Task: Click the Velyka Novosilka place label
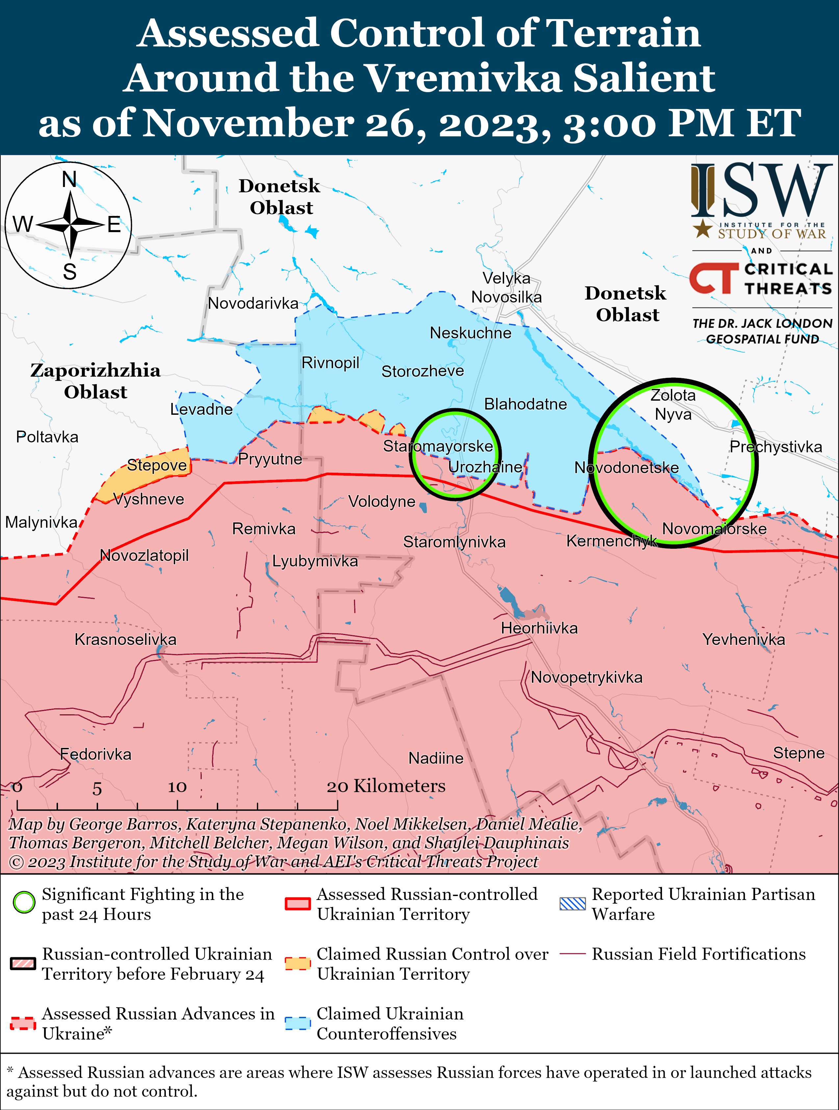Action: pos(506,287)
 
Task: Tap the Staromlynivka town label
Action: pos(454,542)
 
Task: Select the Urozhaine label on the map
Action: pos(485,467)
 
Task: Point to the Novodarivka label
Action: pos(253,303)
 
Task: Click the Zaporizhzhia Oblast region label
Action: pos(95,381)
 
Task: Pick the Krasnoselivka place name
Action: pos(125,639)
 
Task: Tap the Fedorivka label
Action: pos(95,754)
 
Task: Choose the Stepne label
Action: pos(799,753)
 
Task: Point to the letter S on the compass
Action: pos(70,272)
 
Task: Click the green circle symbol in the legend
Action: pos(24,903)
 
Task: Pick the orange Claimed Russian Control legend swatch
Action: pos(297,964)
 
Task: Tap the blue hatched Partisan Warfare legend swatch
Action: pos(572,904)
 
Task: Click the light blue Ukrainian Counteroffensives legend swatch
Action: pos(297,1023)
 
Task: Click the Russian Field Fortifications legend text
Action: pos(699,954)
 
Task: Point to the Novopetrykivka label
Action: pos(586,677)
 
